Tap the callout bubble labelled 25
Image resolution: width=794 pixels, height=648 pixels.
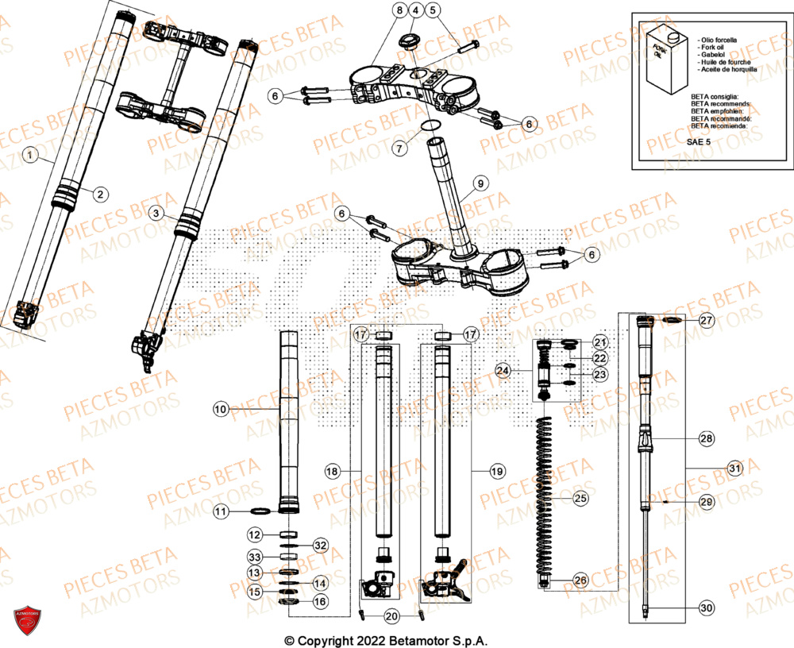581,498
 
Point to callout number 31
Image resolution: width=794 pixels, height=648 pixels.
735,469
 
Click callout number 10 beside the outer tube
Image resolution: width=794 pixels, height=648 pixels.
221,409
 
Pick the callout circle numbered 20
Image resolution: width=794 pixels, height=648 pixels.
391,616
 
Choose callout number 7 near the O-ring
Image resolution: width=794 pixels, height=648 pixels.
400,148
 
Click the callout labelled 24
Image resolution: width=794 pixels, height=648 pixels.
502,370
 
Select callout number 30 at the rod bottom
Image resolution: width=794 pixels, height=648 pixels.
706,608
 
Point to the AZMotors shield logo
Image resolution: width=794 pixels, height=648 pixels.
27,622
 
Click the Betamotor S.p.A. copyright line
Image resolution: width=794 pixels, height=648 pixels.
386,640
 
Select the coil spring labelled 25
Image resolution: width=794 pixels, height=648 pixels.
545,500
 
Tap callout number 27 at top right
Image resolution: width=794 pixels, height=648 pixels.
707,321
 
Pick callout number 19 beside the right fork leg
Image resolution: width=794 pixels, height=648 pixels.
497,472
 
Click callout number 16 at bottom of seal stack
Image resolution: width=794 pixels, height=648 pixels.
319,603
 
